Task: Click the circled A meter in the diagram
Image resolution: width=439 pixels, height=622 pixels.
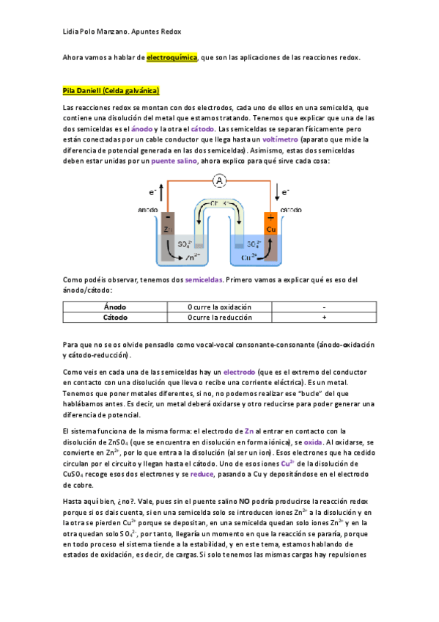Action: coord(218,180)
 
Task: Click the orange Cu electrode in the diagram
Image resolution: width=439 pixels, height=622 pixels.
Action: coord(270,228)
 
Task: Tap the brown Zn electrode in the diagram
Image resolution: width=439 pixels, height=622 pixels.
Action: coord(169,228)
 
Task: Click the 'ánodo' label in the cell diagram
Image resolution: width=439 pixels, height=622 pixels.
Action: coord(148,210)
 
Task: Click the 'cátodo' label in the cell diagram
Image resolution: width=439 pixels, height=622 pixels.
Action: coord(291,210)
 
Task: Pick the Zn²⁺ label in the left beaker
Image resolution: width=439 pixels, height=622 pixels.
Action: coord(193,257)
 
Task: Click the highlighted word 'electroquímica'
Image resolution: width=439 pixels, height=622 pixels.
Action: coord(172,56)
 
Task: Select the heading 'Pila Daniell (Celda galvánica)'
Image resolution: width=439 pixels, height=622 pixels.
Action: coord(111,91)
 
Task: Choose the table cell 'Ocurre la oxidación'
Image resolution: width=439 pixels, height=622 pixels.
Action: coord(219,307)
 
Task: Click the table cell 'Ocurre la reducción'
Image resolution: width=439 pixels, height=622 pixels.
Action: coord(219,318)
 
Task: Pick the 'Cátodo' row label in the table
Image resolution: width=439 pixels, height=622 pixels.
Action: coord(115,318)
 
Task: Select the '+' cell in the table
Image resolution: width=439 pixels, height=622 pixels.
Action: coord(323,318)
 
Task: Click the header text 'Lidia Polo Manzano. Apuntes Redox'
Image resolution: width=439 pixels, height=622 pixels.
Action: coord(121,32)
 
